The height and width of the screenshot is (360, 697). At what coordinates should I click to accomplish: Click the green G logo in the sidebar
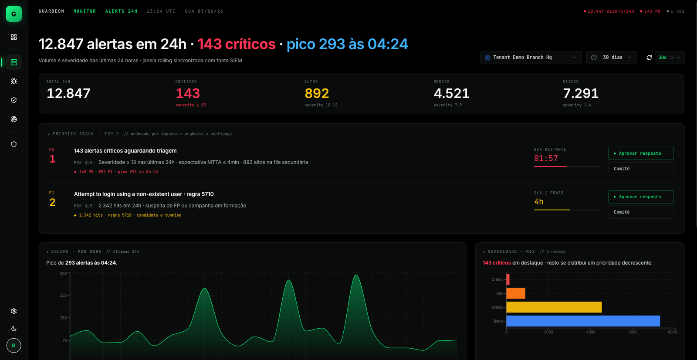coord(14,14)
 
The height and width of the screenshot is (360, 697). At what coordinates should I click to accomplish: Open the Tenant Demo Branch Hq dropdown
coord(531,58)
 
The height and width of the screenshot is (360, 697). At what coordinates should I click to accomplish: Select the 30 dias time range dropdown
coord(612,58)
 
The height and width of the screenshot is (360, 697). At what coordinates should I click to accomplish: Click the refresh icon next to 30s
coord(649,58)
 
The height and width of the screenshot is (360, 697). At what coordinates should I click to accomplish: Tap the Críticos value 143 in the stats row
coord(188,93)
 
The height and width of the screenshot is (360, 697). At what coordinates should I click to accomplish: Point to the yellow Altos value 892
coord(317,93)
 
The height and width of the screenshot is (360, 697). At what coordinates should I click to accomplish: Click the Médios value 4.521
coord(451,93)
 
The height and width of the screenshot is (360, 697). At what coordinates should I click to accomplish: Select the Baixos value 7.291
coord(581,93)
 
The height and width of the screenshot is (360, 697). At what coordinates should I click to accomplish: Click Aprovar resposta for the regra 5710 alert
coord(641,197)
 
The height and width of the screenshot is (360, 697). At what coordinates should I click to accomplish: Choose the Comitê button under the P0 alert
coord(641,169)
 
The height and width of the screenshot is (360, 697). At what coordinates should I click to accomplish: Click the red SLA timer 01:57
coord(546,159)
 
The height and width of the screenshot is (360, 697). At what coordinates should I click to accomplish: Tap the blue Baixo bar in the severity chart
coord(583,321)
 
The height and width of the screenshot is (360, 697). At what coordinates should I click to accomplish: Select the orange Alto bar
coord(516,293)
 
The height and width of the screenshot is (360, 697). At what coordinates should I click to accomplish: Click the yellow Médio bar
coord(554,307)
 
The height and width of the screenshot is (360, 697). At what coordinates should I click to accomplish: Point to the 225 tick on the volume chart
coord(64,295)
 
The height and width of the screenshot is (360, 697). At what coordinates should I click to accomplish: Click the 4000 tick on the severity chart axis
coord(591,332)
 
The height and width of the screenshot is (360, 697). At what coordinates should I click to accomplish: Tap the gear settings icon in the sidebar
coord(14,311)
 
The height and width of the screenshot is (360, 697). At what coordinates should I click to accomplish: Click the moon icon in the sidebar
coord(14,329)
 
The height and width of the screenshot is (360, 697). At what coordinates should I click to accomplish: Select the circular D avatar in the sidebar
coord(14,345)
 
